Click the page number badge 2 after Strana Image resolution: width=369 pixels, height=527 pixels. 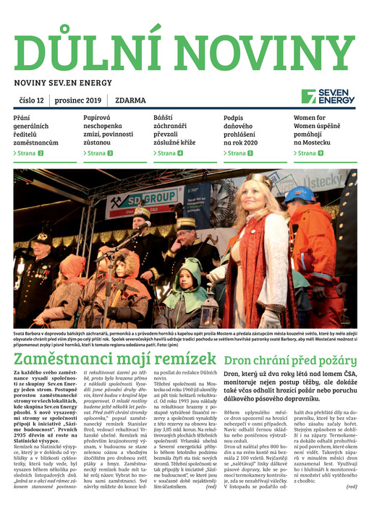[41, 154]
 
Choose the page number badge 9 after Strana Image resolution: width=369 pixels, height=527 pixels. [321, 154]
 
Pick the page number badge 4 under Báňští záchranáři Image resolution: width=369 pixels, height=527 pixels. [180, 154]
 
